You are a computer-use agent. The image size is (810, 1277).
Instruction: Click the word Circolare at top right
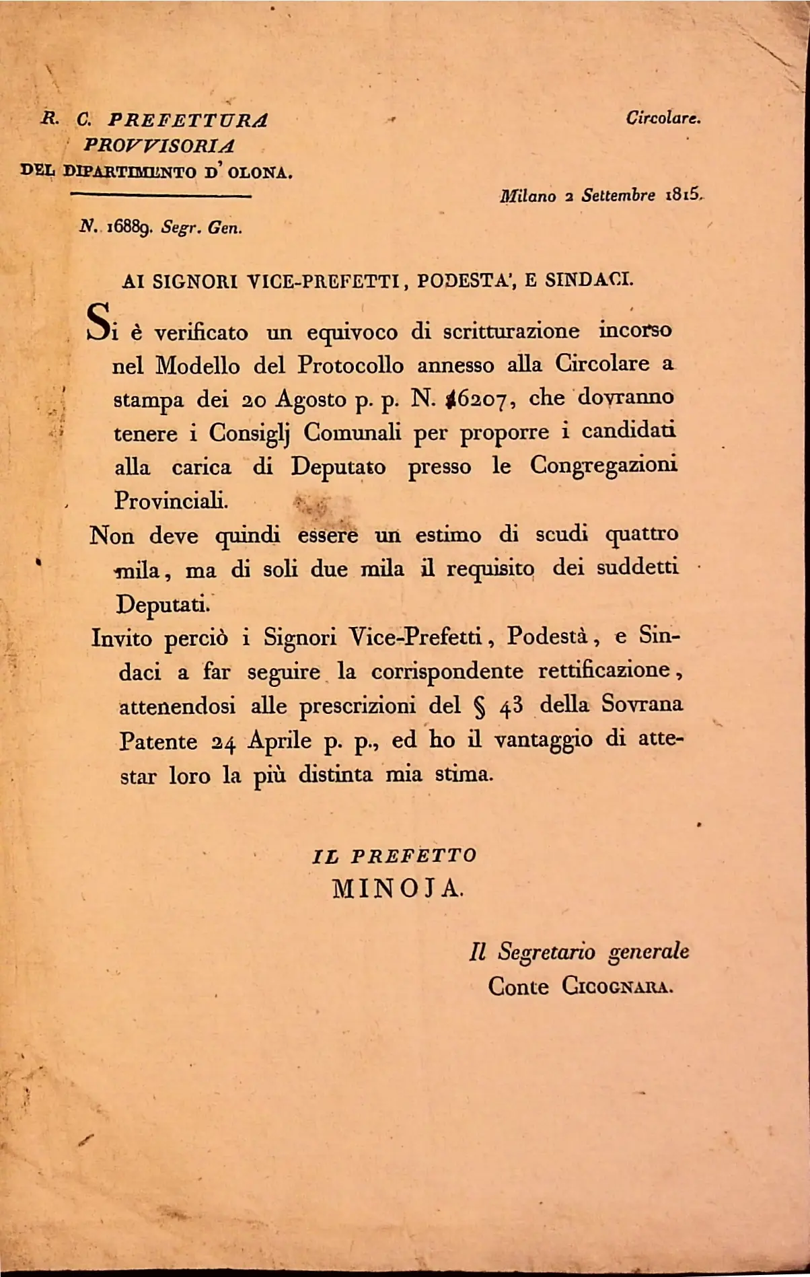663,118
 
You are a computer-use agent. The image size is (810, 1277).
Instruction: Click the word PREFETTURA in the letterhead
188,120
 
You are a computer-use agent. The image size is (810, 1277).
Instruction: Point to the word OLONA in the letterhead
259,172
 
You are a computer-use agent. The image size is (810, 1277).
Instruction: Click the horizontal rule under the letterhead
161,196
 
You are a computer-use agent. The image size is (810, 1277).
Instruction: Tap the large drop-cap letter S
100,322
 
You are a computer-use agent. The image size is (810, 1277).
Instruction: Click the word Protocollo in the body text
351,365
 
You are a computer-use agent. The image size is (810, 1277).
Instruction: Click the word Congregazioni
603,465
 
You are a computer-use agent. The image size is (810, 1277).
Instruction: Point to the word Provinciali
171,501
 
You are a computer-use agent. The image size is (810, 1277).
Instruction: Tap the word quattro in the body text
642,535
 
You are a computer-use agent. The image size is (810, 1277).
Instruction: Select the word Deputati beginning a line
162,604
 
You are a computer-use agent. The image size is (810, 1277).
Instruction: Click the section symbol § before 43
479,706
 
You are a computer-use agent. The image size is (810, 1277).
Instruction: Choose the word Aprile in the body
279,741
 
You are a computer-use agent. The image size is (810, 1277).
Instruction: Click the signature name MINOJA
398,889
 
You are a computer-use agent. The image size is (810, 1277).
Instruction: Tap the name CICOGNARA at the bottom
617,987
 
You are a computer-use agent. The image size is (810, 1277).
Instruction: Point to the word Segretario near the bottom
546,952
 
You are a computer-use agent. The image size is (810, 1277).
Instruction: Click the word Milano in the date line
527,196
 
